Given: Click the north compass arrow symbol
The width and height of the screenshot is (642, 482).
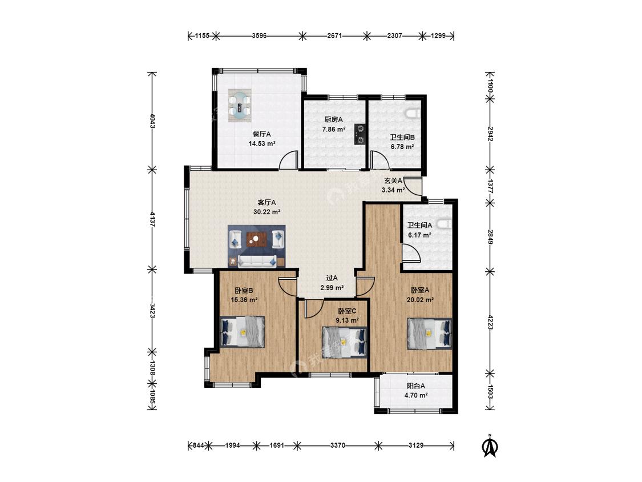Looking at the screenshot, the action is point(490,447).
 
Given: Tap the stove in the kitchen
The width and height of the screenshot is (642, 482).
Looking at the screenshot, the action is point(360,134).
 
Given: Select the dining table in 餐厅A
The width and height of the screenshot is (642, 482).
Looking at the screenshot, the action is point(240,105).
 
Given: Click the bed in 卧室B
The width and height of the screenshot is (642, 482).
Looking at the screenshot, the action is point(243,332).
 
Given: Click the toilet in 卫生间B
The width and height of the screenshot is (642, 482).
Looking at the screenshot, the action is point(413,113).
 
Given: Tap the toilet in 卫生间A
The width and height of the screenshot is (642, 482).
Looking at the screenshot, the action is point(445,224).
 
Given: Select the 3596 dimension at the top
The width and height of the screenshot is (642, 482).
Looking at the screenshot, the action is point(259,35).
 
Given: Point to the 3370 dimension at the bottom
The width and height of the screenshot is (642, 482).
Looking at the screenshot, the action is point(338,445).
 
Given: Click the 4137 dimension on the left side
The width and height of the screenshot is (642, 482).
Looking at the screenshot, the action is point(152,220).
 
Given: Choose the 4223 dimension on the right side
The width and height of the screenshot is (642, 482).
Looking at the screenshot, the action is point(491,322).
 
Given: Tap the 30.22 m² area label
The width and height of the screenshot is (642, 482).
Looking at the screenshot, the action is point(267,212).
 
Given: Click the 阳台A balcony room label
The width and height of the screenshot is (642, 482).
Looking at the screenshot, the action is point(416,385).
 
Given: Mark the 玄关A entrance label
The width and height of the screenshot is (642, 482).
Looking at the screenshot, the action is point(393,180).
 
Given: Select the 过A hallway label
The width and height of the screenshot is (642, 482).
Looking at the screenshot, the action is point(332,278).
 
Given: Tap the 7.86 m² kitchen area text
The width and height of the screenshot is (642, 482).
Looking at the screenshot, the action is point(334,129).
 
